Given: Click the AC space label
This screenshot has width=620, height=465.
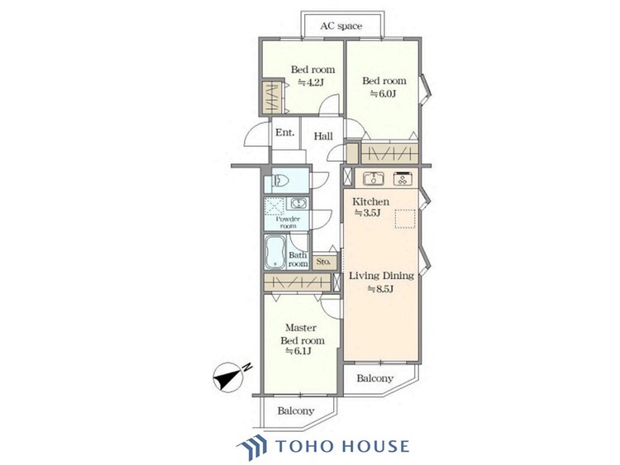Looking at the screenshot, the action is tap(341, 26).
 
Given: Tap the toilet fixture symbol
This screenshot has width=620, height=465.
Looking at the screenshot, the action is tap(280, 181).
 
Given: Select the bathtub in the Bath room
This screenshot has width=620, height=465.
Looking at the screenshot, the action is tap(275, 252).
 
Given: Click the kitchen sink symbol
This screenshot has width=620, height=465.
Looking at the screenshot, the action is tap(374, 178).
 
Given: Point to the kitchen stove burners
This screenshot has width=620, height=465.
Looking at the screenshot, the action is tap(403, 178).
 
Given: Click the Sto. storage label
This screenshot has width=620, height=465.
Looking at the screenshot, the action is tap(323, 262).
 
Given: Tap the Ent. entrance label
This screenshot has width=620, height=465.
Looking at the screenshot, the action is tap(285, 132).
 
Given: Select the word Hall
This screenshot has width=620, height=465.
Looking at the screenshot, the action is tap(323, 136).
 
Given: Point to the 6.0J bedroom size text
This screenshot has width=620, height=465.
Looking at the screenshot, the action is tap(383, 93).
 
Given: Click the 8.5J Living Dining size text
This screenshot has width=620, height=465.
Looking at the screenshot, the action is tap(380, 289).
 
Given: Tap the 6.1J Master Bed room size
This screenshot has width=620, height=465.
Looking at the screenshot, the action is tap(298, 351).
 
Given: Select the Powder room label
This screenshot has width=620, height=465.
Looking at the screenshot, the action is tap(289, 222).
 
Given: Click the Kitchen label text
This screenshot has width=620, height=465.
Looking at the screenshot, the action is tap(370, 202).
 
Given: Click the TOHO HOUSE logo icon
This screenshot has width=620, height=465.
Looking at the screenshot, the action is tap(251, 447).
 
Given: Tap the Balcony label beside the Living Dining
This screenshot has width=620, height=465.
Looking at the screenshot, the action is tap(374, 378).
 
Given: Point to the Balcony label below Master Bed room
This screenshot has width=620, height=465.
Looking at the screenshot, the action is tap(296, 410).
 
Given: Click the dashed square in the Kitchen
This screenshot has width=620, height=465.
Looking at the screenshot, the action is tap(405, 218).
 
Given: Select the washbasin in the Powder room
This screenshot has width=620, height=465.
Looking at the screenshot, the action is tap(297, 204).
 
